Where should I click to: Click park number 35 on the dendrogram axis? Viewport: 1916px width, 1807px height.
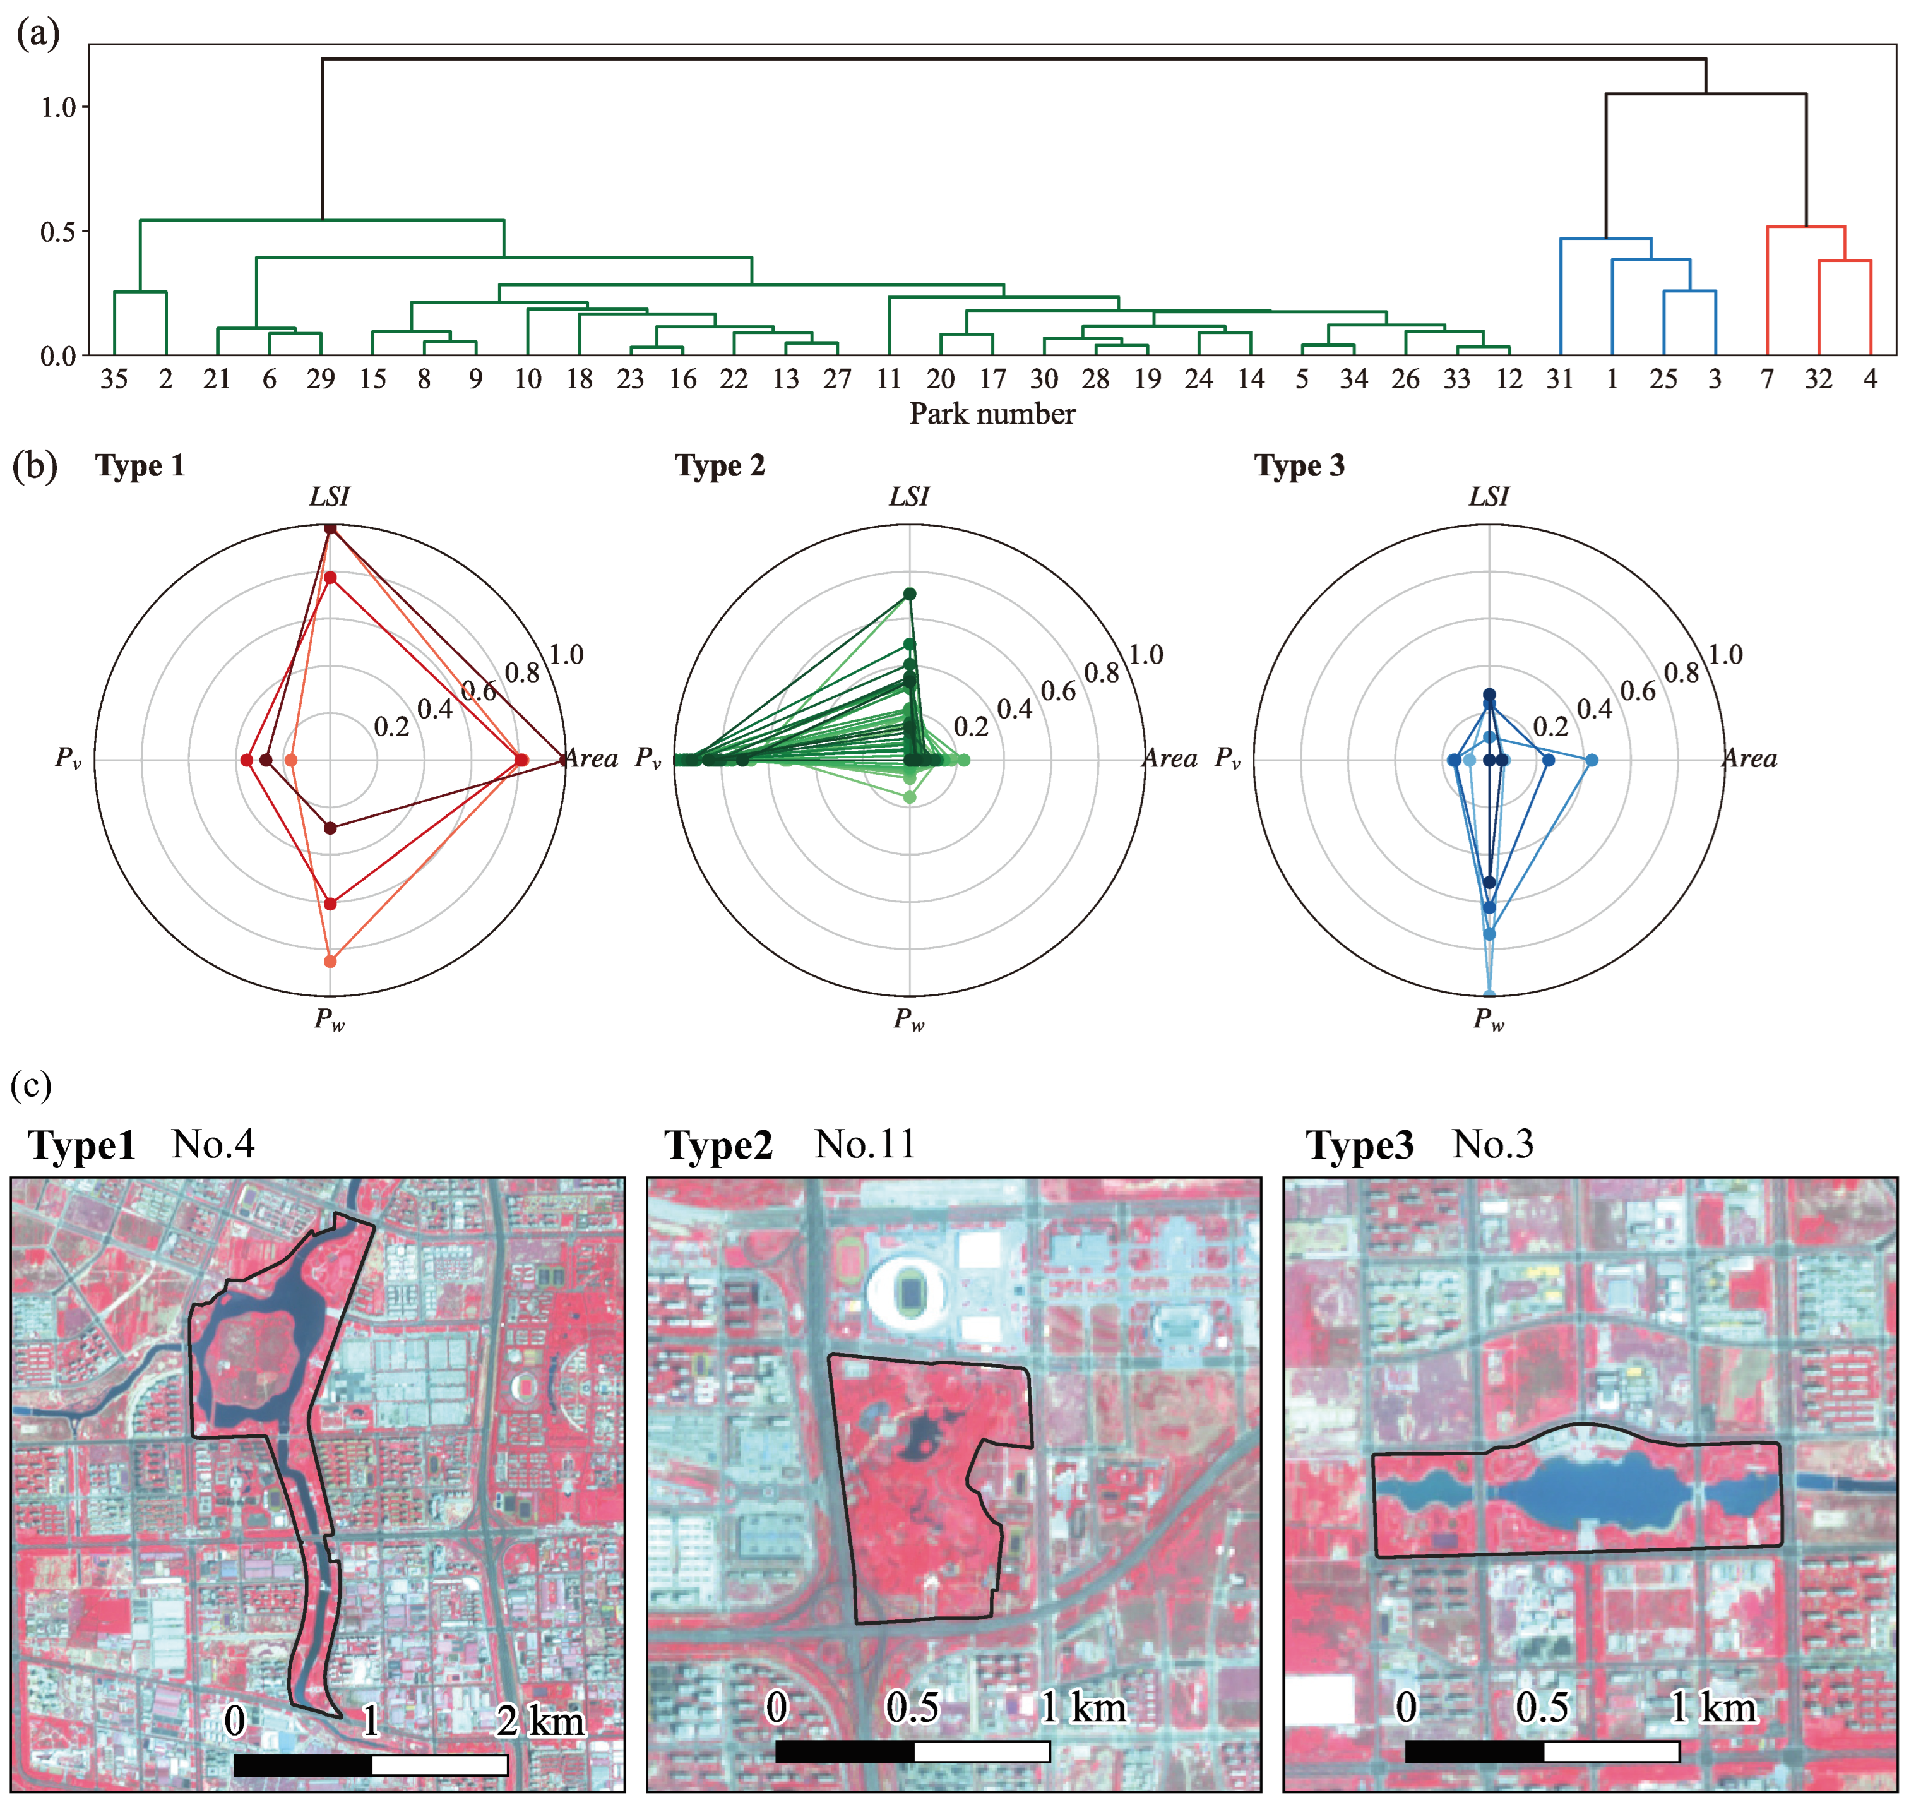[114, 379]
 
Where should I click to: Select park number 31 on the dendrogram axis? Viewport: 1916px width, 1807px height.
[1559, 379]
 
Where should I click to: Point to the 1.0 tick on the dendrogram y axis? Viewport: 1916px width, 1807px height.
[58, 107]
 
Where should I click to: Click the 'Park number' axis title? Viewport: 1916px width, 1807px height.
[992, 414]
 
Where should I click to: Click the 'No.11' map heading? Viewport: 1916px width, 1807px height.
[864, 1144]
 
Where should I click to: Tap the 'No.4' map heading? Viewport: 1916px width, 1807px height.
[213, 1144]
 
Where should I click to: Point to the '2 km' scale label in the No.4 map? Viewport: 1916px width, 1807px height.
[540, 1721]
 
